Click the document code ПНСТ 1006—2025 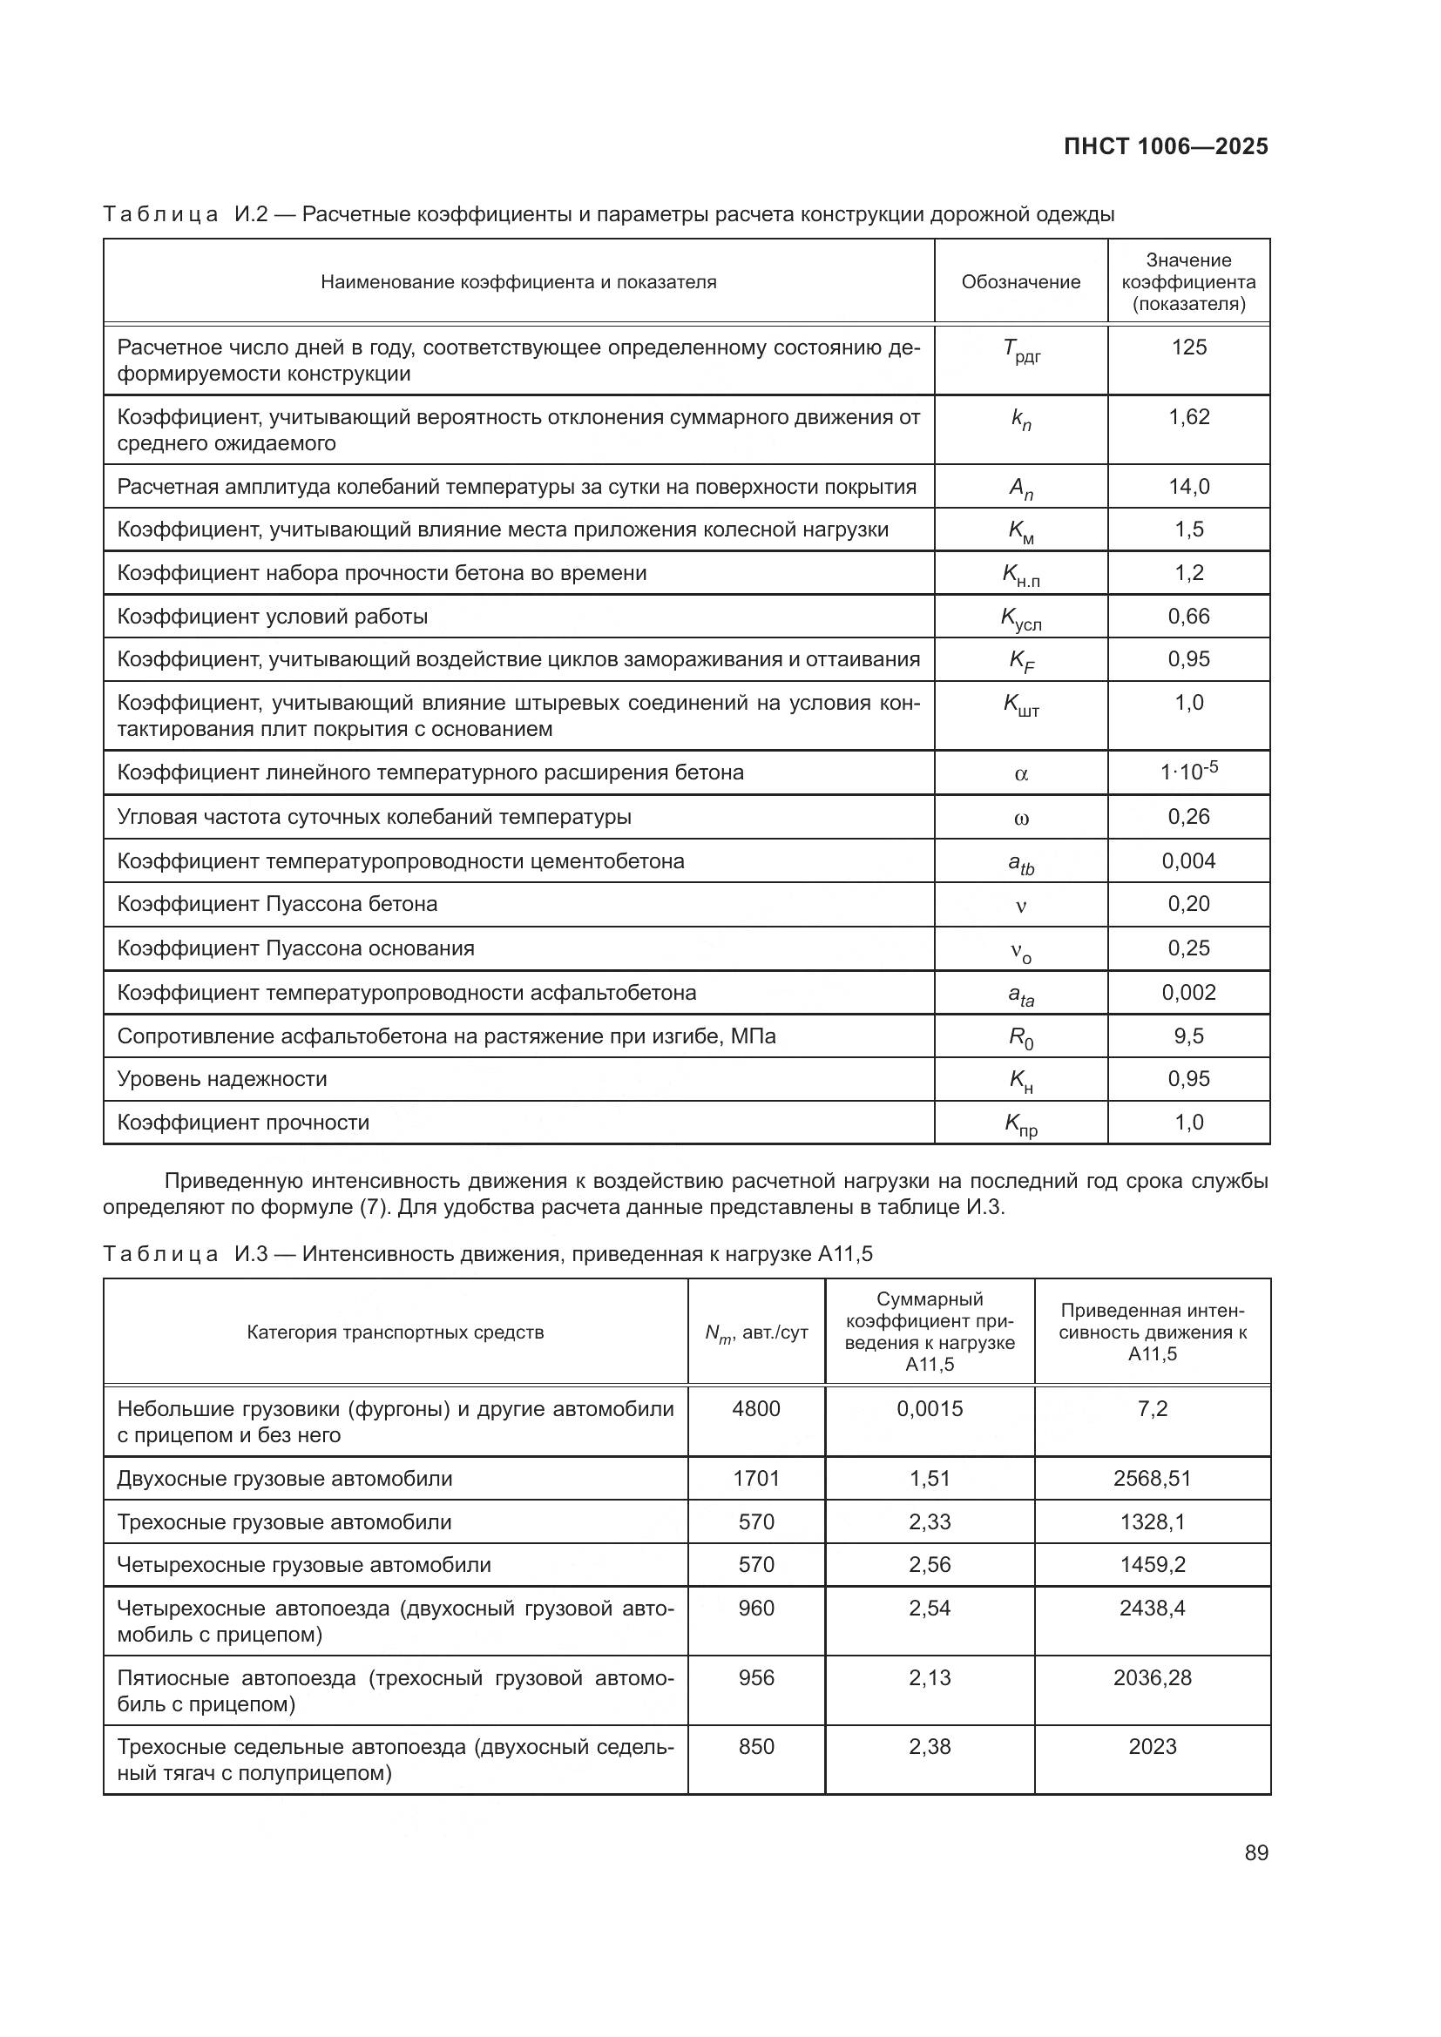click(x=1166, y=146)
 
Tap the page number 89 click(x=1255, y=1852)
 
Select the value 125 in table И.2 click(x=1188, y=347)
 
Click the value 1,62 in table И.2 click(x=1188, y=417)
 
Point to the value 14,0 click(x=1188, y=486)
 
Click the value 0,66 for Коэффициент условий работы click(x=1188, y=616)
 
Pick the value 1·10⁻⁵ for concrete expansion click(x=1188, y=771)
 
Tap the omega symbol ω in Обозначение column click(x=1020, y=818)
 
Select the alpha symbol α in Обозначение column click(x=1020, y=773)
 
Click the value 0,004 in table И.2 click(x=1188, y=860)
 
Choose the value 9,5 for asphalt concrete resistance click(x=1188, y=1035)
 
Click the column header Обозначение click(x=1020, y=282)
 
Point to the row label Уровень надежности click(x=222, y=1079)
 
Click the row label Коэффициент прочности click(x=243, y=1123)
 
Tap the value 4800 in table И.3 click(x=756, y=1409)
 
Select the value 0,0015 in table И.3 click(x=929, y=1409)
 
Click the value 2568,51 click(x=1152, y=1478)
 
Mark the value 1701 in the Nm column click(x=756, y=1478)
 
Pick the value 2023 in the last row click(x=1152, y=1747)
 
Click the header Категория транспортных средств click(x=395, y=1332)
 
